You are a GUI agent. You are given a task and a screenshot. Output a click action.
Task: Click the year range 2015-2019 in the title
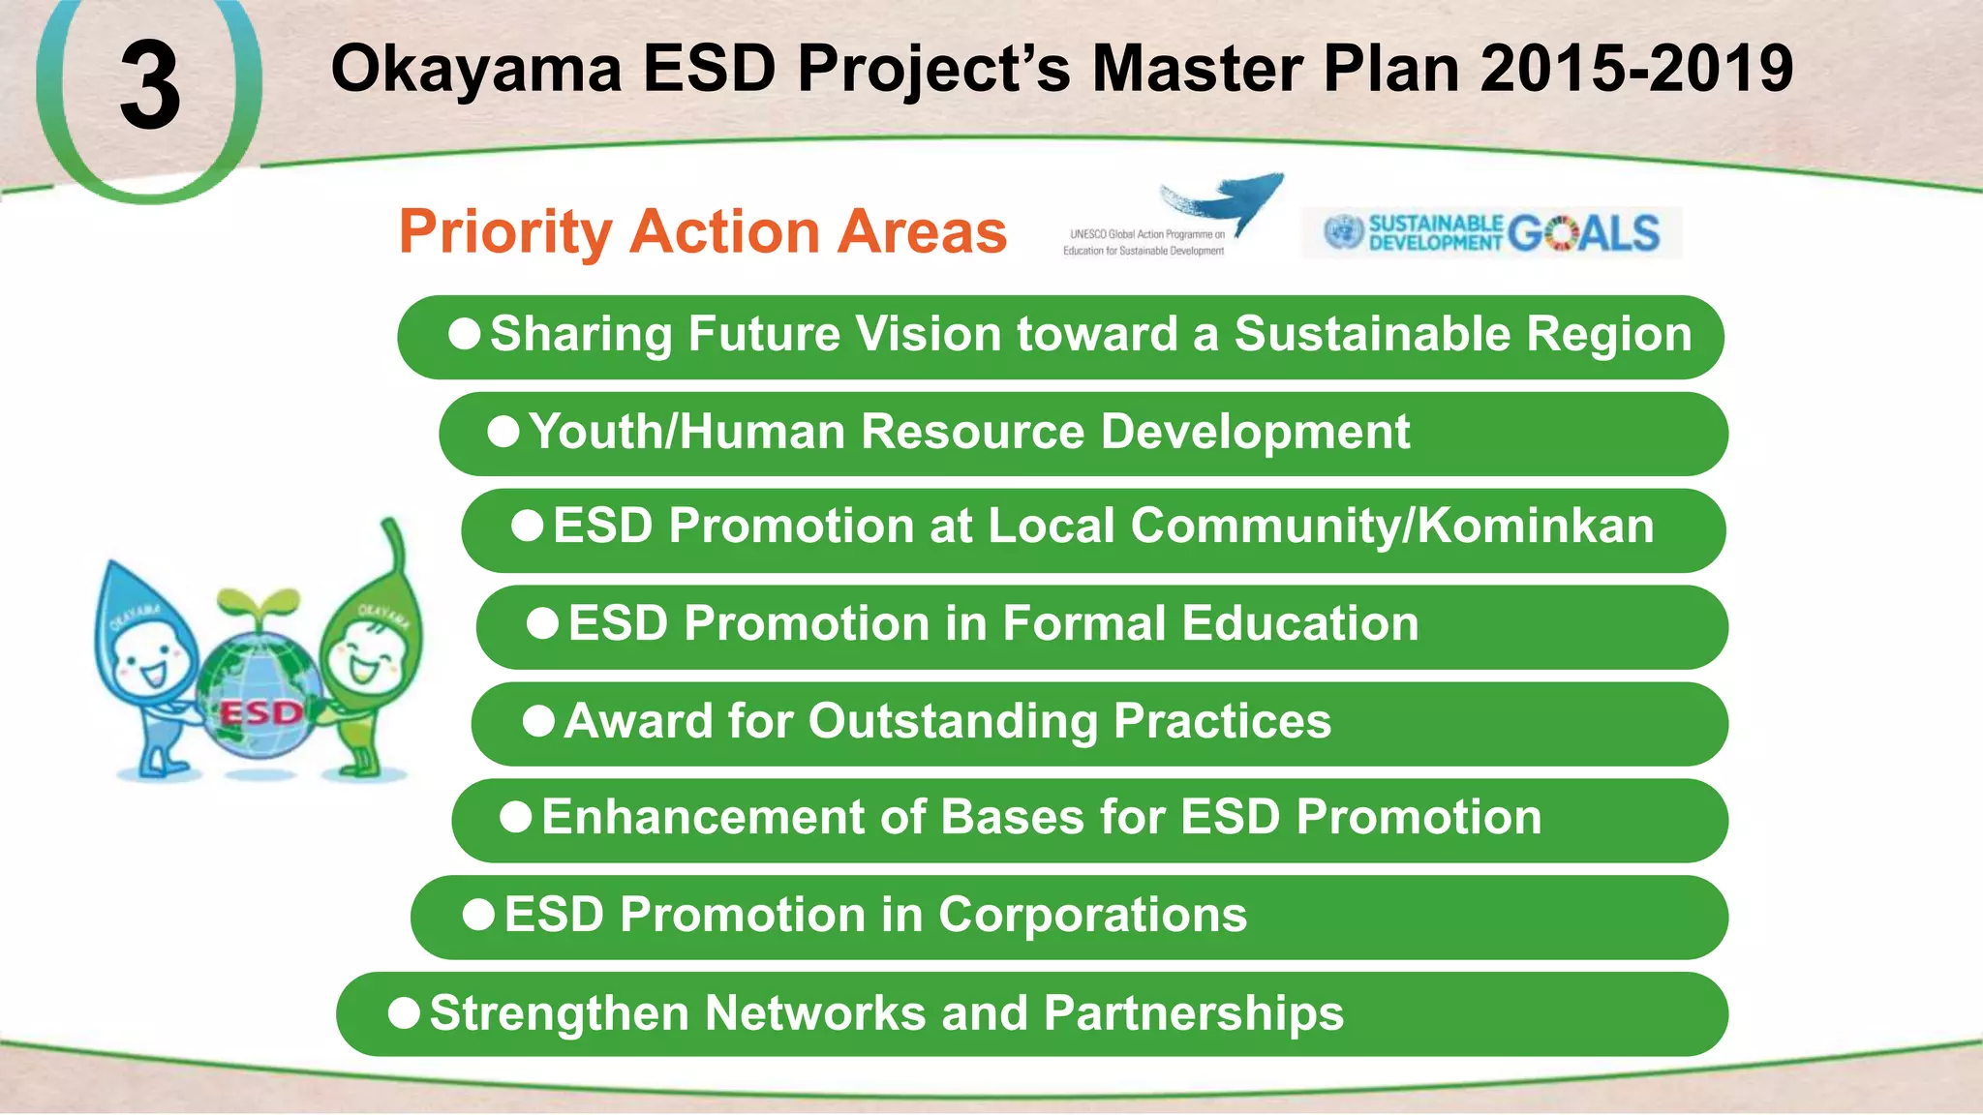1636,70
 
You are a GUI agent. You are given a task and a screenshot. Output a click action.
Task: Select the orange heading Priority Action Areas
703,232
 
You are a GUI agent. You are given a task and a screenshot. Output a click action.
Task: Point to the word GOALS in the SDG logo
1584,233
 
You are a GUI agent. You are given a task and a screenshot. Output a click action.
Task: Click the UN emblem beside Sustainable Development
1343,232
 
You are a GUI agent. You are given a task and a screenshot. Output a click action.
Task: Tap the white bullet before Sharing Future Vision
465,335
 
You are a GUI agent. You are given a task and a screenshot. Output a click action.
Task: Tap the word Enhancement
703,817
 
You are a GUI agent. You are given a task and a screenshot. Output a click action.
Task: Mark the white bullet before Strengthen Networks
404,1013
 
